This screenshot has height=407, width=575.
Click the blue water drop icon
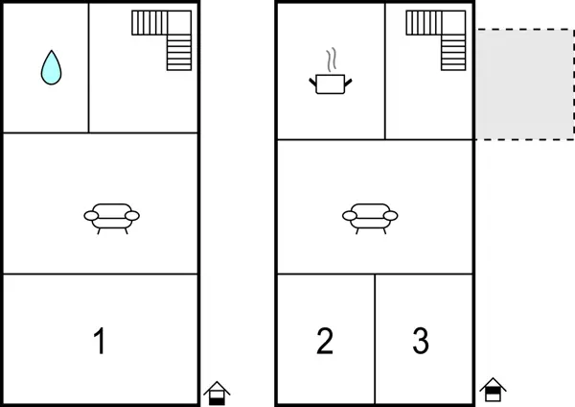52,67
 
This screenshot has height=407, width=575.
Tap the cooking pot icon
331,84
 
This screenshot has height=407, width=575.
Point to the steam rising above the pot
332,60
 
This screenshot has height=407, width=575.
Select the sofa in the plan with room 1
112,219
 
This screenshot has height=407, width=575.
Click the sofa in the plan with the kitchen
370,219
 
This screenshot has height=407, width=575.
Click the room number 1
100,342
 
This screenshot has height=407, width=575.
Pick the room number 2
325,342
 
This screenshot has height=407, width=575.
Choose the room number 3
421,342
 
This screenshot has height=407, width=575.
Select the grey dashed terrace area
525,84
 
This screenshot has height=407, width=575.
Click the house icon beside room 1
217,393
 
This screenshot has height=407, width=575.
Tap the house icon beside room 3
493,390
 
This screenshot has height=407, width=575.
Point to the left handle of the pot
312,82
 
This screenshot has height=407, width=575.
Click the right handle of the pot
348,83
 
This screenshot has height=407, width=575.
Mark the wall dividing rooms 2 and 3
375,339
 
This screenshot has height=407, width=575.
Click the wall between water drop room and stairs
88,68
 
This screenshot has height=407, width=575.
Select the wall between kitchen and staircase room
385,71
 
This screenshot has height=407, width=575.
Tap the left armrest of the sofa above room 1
91,216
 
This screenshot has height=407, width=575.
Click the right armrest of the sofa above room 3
391,216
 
